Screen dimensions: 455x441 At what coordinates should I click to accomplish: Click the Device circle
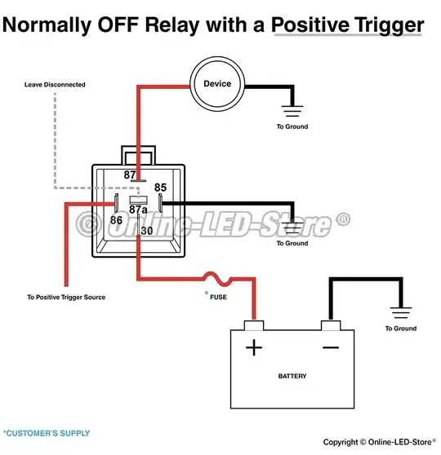tap(217, 84)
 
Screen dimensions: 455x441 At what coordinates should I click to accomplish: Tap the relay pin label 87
tap(130, 175)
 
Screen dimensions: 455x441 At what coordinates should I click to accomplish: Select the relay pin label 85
tap(160, 187)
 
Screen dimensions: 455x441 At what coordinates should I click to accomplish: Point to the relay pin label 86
tap(116, 220)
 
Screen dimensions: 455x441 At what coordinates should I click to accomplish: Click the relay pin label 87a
tap(138, 210)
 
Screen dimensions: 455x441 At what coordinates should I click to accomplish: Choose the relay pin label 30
tap(146, 231)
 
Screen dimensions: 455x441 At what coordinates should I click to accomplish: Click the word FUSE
tap(219, 298)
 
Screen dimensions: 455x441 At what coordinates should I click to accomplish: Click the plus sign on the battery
tap(255, 348)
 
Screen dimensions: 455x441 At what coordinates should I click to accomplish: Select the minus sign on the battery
tap(332, 348)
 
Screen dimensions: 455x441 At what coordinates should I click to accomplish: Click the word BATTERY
tap(292, 377)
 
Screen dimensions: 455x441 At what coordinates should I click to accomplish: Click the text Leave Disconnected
tap(55, 84)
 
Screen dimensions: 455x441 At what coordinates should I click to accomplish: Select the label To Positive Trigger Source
tap(65, 297)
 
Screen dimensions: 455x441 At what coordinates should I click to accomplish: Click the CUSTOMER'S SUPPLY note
tap(47, 433)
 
